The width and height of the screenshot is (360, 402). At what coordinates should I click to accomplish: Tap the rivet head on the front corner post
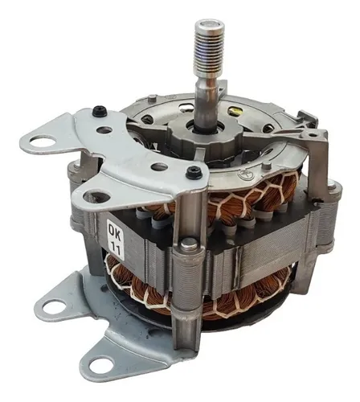(186, 244)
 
